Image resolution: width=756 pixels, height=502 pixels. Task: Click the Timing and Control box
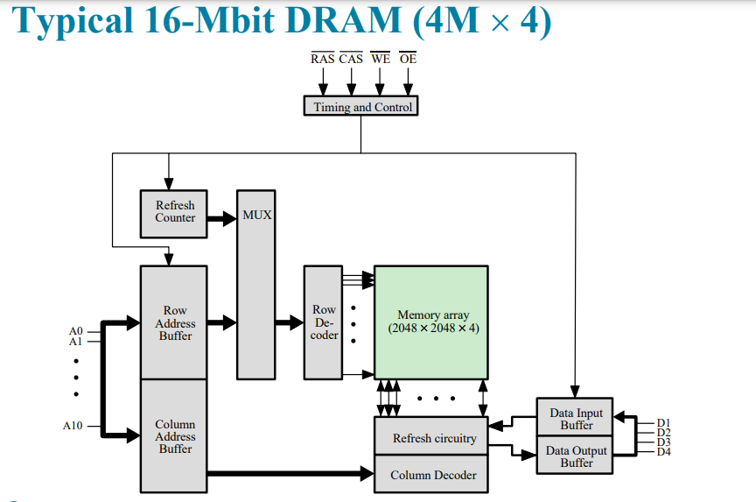coord(360,107)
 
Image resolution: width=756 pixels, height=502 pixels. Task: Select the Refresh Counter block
coord(174,213)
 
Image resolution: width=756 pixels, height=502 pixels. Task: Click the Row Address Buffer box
coord(174,322)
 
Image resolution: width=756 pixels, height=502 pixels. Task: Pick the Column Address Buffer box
coord(174,435)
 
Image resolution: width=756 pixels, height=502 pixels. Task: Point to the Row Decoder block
coord(324,322)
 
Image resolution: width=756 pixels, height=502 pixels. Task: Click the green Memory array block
coord(431,322)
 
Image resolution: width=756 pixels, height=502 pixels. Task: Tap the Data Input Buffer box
coord(575,419)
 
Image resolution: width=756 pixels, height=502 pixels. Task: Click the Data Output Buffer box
coord(575,456)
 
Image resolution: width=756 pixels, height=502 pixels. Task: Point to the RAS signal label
coord(322,59)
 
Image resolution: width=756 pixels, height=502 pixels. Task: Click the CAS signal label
coord(351,59)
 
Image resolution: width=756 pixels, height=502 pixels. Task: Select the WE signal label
coord(380,59)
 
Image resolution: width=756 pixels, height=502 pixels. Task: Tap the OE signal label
coord(408,59)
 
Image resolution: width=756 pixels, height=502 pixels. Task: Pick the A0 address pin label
coord(75,330)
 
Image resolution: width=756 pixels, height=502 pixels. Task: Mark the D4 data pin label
coord(663,452)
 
